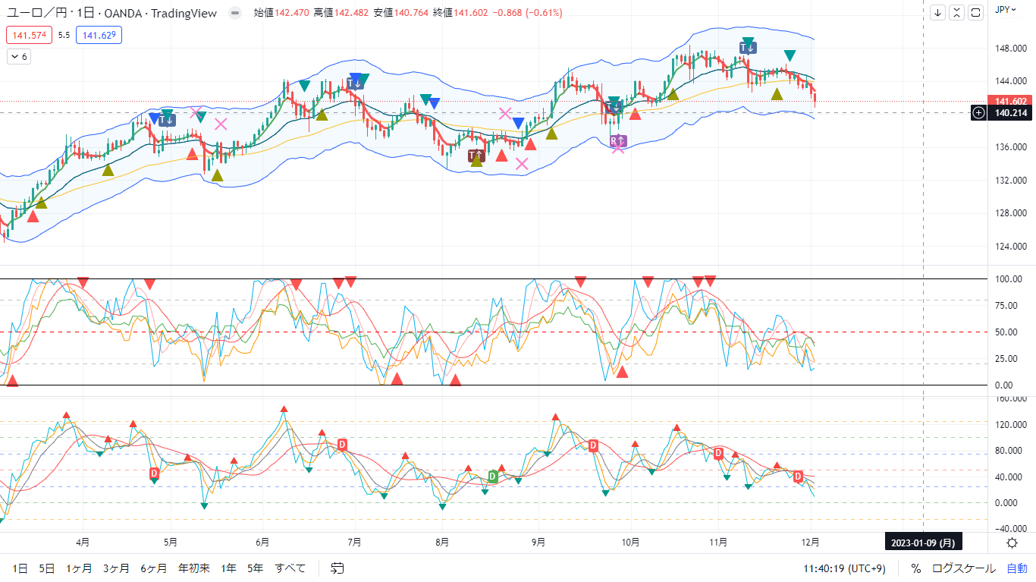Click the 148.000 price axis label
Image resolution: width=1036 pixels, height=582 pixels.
tap(1011, 49)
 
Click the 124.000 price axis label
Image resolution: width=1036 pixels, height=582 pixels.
tap(1011, 246)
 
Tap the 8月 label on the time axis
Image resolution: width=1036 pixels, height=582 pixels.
tap(442, 543)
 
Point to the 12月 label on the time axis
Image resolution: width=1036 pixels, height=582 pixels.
tap(812, 543)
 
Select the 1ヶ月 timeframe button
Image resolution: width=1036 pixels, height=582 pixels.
tap(79, 568)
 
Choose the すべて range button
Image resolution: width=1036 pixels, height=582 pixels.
tap(290, 568)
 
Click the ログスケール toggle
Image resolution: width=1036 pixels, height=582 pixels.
tap(964, 568)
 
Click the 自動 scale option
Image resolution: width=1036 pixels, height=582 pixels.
tap(1017, 568)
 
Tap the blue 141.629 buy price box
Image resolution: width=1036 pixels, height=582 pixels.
tap(99, 35)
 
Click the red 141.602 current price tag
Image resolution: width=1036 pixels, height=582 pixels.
tap(1011, 102)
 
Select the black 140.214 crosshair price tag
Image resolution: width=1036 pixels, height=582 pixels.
tap(1011, 113)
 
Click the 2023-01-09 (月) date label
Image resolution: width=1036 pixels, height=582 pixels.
tap(922, 543)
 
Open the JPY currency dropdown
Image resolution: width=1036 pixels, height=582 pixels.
tap(1006, 10)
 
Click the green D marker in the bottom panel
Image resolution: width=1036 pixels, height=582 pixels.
tap(493, 477)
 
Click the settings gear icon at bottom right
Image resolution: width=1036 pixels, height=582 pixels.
tap(1012, 543)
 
